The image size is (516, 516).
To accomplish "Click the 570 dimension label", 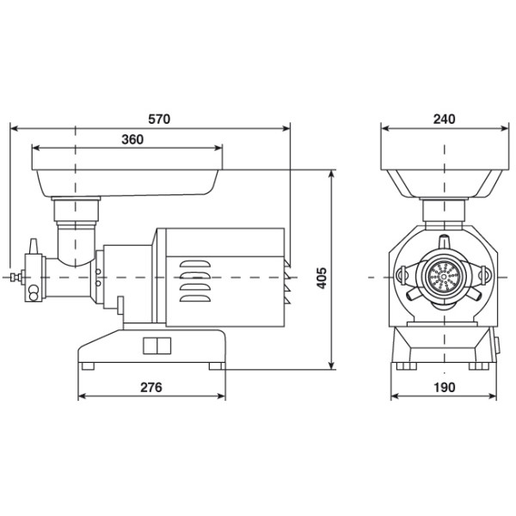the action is (159, 120).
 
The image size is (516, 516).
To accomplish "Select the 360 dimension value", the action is (132, 139).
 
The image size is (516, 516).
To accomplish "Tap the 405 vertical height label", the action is (322, 278).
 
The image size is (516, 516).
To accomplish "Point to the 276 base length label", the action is (151, 387).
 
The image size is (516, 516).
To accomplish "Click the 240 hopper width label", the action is (445, 120).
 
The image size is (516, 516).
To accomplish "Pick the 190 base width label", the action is (445, 387).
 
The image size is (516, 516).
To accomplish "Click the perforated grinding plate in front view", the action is (445, 277).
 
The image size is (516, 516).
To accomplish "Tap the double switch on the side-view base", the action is (157, 346).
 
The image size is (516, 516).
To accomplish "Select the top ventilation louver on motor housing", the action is (195, 264).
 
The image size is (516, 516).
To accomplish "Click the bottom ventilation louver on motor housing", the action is (195, 298).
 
